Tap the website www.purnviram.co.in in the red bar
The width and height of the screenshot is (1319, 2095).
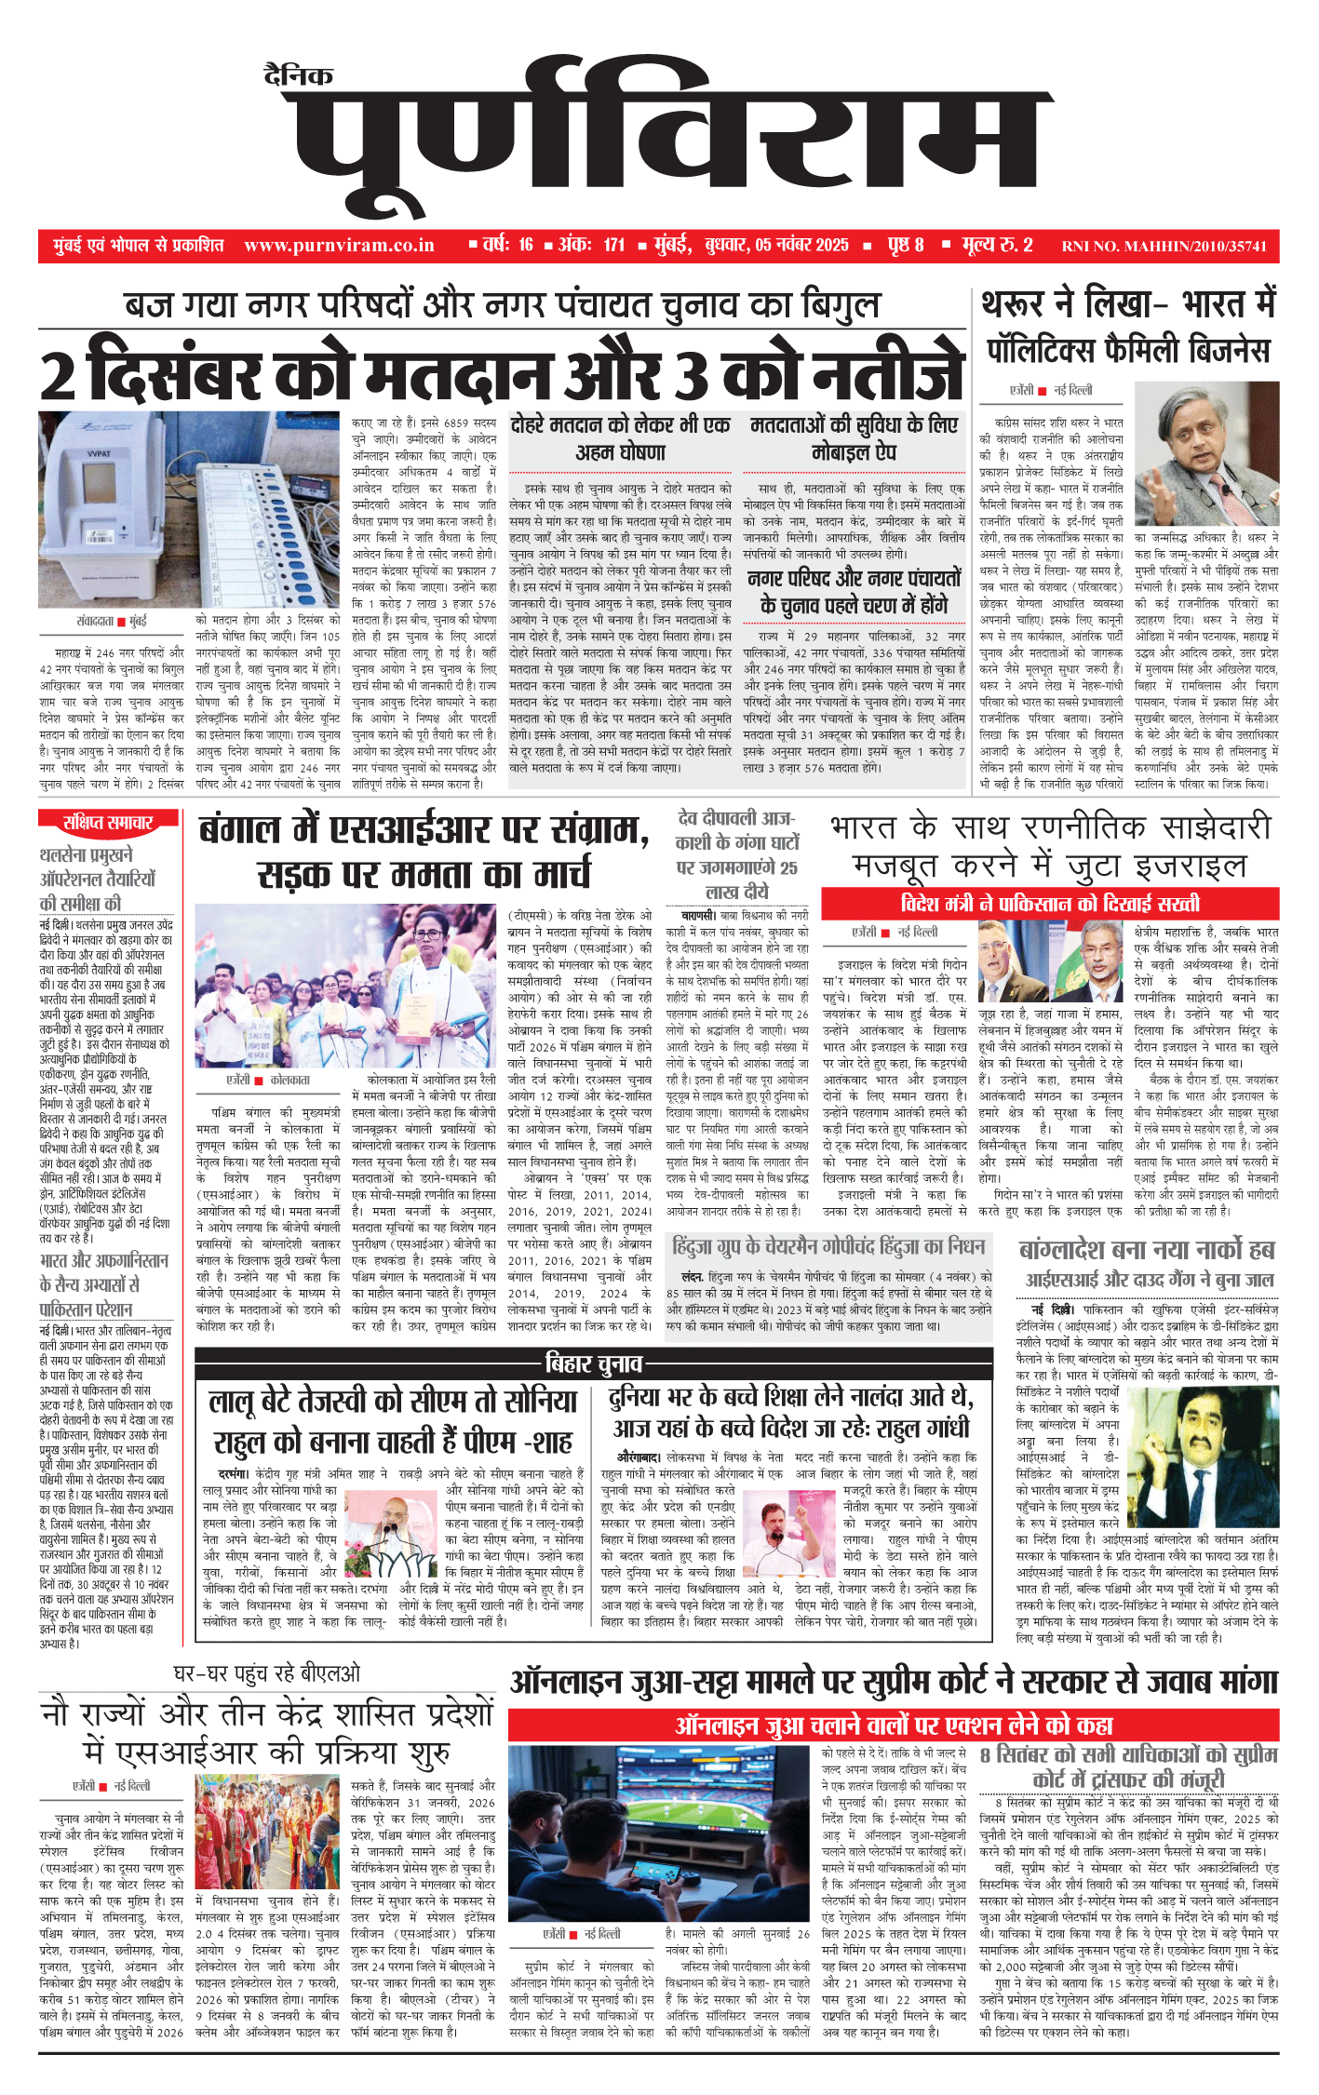(339, 246)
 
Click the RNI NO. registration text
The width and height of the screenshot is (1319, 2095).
(1164, 247)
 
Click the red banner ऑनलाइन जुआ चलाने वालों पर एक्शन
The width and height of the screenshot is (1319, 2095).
(894, 1726)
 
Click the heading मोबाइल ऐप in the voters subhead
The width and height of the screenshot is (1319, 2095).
(854, 453)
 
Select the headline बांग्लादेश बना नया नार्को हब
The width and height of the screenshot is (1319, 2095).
(1146, 1249)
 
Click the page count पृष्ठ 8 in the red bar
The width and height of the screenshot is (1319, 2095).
(905, 246)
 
